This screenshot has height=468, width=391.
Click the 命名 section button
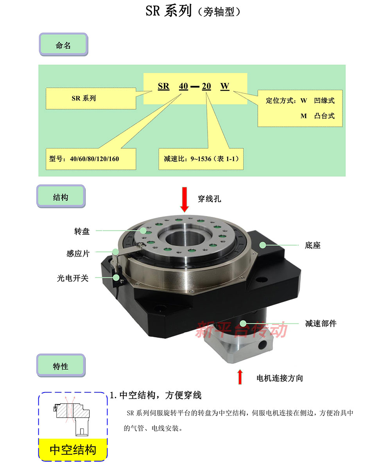(63, 45)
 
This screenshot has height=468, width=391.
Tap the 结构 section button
(61, 196)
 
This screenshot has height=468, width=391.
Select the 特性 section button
(61, 365)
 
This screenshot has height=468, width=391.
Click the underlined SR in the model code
(163, 86)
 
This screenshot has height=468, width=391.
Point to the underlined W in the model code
(225, 86)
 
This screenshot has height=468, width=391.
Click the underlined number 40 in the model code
(183, 86)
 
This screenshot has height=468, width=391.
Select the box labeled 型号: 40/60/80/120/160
(91, 159)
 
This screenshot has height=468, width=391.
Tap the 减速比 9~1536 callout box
(201, 159)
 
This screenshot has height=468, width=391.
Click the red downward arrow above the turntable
(185, 200)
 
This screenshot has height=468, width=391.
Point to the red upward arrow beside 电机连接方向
(240, 377)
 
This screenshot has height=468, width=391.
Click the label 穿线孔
(209, 199)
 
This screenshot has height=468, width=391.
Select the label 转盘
(82, 231)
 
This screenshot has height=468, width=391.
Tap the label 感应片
(78, 254)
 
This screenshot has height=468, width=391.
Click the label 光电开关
(73, 278)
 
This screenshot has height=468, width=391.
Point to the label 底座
(312, 245)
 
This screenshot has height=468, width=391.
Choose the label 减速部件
(321, 324)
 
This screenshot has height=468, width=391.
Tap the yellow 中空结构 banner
(73, 450)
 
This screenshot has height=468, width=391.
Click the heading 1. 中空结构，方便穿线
(156, 395)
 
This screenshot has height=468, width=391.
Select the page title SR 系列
(169, 11)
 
